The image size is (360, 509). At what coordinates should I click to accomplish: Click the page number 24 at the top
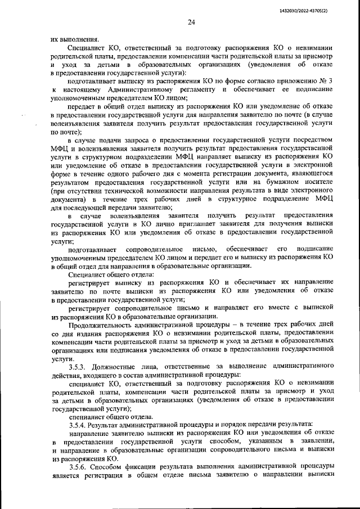point(191,22)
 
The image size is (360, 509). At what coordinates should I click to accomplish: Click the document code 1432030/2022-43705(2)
point(320,10)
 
